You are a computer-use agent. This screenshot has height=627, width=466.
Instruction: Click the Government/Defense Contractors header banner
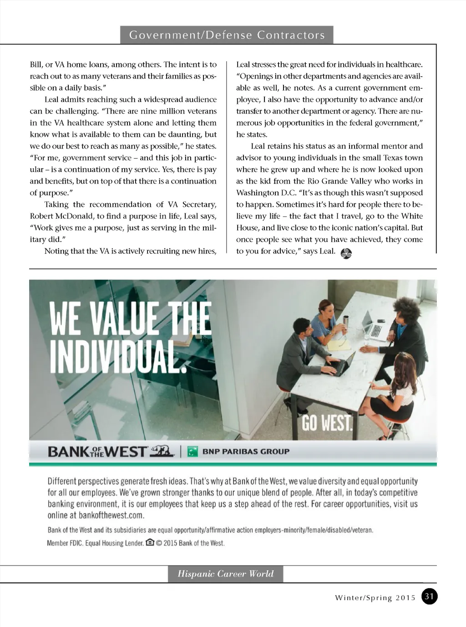[x=227, y=35]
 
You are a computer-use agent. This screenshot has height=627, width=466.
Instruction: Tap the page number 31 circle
[x=429, y=596]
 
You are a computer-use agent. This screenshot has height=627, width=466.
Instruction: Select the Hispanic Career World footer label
[x=226, y=574]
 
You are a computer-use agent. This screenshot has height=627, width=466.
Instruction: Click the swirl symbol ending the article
[x=346, y=253]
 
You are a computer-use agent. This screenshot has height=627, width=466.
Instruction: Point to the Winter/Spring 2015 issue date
[x=375, y=598]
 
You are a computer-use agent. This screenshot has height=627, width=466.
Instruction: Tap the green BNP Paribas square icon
[x=192, y=452]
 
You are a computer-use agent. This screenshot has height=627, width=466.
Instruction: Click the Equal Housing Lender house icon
[x=150, y=543]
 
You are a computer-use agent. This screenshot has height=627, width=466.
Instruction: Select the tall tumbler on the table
[x=346, y=322]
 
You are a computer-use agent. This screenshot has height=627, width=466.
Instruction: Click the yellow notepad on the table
[x=339, y=344]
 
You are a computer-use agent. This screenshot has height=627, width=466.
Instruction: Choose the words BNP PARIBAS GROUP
[x=246, y=452]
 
